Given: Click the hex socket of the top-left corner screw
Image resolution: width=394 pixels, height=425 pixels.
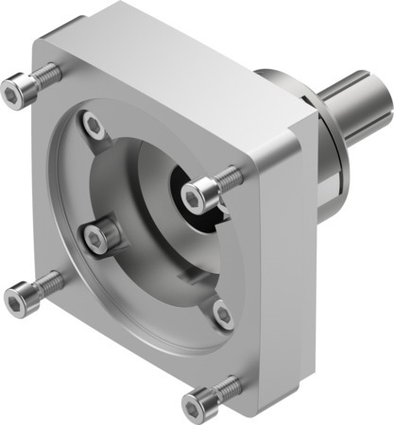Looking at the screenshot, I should coord(14,91).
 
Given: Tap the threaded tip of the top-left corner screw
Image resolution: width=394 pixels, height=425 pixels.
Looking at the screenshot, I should coord(55,71).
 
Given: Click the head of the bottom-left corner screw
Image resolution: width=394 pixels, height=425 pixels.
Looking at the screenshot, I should coord(16,301).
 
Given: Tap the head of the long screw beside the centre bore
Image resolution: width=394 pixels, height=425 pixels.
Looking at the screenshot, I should coord(197,196).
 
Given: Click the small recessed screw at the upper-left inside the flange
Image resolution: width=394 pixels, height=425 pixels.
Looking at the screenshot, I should coord(91,123).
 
